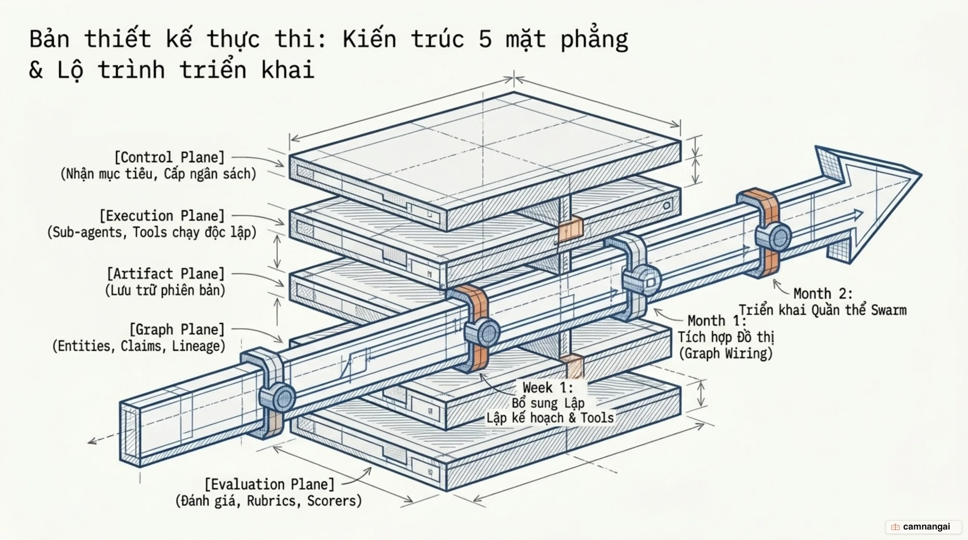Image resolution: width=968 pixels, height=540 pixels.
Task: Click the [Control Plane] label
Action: coord(169,157)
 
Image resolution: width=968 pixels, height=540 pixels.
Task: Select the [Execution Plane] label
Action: coord(162,216)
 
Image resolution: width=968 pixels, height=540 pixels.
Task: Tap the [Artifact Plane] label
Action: coord(166,274)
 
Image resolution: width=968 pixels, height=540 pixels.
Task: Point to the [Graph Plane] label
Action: coord(177,329)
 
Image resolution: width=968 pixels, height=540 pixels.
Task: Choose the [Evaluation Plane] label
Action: coord(269,484)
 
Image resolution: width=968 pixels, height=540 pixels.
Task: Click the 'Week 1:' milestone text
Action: coord(548,387)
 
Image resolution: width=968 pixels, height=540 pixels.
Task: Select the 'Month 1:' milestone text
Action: coord(716,321)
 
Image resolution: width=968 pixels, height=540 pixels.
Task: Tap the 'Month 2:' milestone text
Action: coord(823,293)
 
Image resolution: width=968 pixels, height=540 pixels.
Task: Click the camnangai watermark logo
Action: coord(923,527)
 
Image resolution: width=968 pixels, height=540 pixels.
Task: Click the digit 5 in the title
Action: coord(485,39)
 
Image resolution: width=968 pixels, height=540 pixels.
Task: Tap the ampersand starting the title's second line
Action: coord(36,70)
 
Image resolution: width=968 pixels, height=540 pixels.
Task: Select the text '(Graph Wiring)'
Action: coord(726,353)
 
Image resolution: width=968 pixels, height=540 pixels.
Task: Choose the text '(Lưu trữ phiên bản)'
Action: coord(165,290)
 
